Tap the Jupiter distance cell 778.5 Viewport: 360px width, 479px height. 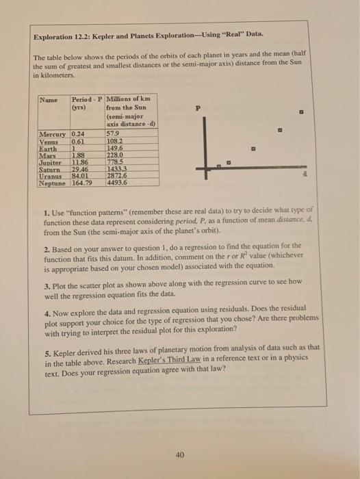116,164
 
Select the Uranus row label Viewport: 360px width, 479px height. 49,177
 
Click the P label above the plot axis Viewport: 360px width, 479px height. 198,107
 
